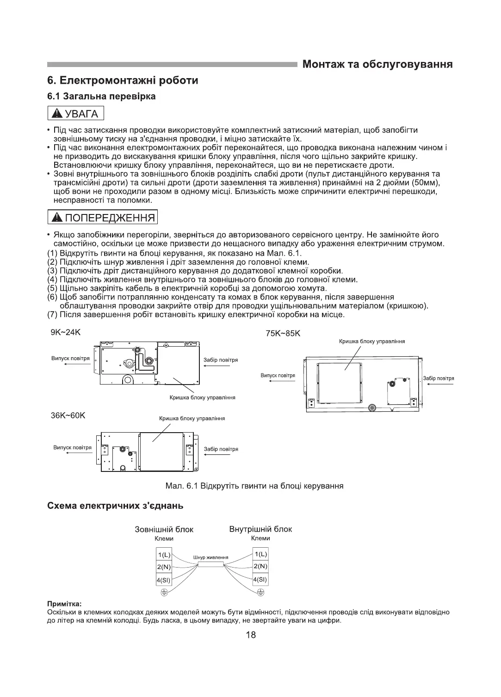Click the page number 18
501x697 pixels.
(x=251, y=635)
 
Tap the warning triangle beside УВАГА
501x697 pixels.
(x=57, y=114)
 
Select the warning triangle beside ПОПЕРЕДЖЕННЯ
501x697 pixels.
(x=57, y=217)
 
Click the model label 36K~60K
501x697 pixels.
(x=68, y=415)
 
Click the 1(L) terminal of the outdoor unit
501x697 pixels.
(x=164, y=555)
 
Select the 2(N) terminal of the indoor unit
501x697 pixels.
(x=260, y=566)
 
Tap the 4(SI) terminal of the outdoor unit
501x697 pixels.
(x=164, y=580)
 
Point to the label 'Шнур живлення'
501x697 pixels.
(x=210, y=557)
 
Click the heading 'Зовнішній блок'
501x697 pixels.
(x=164, y=530)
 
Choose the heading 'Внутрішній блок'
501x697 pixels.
(x=260, y=529)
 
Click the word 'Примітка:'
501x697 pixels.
(x=64, y=604)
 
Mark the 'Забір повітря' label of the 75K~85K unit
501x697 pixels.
(x=439, y=378)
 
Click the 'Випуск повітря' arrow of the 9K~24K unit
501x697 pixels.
(x=70, y=364)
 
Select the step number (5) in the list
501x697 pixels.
(x=52, y=288)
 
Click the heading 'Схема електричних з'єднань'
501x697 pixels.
(x=116, y=506)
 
